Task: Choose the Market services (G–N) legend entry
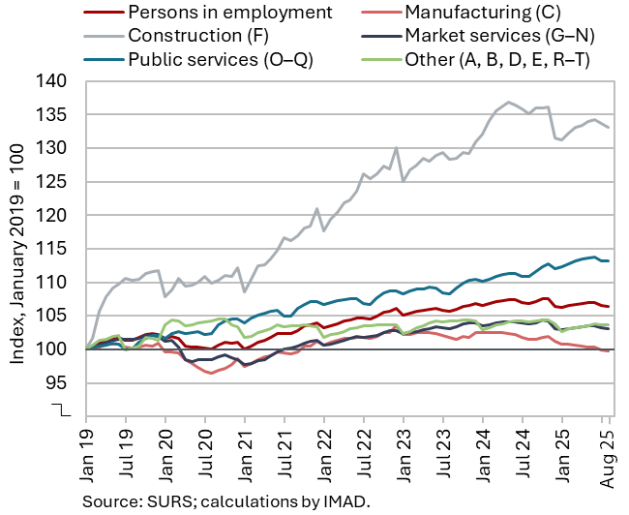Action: [x=496, y=36]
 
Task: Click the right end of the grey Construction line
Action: [x=608, y=128]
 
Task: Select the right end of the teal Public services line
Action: [x=608, y=260]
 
